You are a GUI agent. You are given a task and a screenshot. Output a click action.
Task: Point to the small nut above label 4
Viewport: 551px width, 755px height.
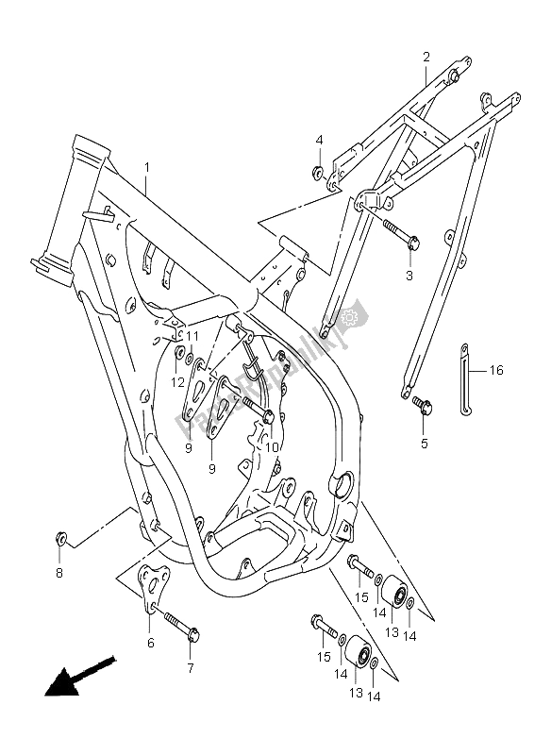coord(319,172)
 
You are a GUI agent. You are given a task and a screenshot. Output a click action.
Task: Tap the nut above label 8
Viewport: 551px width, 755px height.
coord(60,539)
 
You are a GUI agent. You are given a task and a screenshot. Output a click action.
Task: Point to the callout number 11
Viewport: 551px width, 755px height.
coord(192,335)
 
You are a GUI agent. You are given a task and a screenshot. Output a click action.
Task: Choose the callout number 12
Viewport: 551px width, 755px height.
coord(176,381)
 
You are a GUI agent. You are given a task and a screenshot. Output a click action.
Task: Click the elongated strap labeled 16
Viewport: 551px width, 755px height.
coord(465,377)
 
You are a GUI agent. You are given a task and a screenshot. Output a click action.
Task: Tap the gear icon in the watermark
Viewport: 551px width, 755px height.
coord(354,317)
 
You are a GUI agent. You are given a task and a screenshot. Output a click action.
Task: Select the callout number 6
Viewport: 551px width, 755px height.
coord(151,643)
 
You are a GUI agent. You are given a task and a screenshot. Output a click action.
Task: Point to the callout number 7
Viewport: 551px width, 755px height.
coord(190,668)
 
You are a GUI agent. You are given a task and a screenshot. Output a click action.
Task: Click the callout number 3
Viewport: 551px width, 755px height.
coord(409,276)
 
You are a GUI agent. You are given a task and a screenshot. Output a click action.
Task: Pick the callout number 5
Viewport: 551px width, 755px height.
coord(424,443)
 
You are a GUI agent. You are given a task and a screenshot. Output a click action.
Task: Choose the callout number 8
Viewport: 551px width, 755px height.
coord(58,572)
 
